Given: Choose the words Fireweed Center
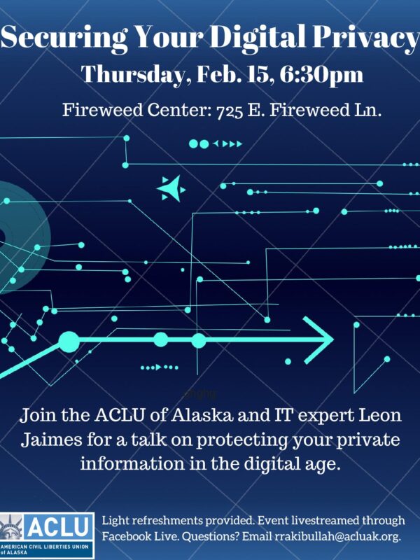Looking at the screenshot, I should [122, 110].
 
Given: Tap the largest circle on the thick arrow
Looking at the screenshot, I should [69, 342].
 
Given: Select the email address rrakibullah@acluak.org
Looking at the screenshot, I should [339, 535].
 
